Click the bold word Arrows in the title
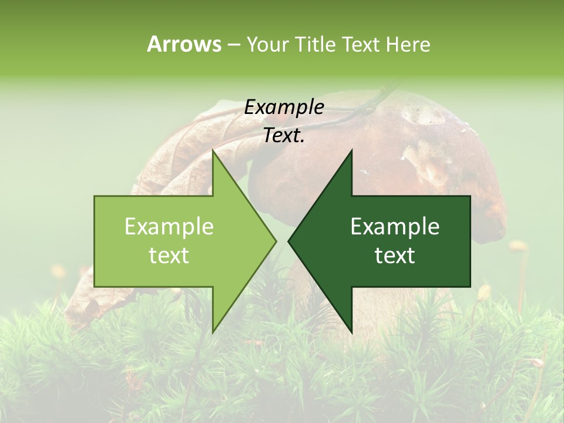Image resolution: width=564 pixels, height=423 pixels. click(x=184, y=44)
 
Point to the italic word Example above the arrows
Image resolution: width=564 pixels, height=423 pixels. click(x=284, y=107)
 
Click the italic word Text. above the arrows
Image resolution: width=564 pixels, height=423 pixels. click(x=284, y=136)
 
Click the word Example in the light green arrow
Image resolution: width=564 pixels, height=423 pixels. click(x=169, y=227)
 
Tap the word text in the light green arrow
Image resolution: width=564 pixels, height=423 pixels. click(x=169, y=256)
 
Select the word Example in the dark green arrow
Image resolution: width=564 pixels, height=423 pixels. click(x=395, y=227)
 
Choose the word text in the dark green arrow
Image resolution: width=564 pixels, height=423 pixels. click(x=395, y=256)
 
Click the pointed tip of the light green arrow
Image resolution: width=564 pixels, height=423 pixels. click(x=276, y=241)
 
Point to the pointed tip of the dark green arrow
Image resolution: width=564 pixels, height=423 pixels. click(x=289, y=241)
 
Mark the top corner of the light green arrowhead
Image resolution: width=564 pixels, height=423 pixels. click(x=213, y=150)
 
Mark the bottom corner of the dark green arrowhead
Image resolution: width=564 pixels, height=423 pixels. click(x=351, y=332)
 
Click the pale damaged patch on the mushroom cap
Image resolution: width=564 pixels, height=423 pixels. click(x=426, y=159)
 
